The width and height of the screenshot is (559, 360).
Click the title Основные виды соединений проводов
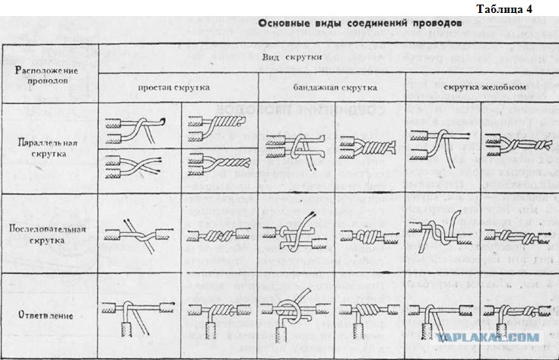[x=358, y=24]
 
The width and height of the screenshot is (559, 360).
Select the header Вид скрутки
[x=295, y=58]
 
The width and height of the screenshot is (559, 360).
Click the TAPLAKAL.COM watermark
[x=498, y=336]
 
